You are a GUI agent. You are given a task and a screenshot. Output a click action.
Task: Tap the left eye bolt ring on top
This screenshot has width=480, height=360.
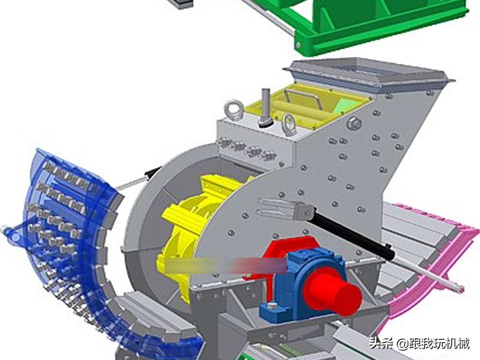tap(233, 110)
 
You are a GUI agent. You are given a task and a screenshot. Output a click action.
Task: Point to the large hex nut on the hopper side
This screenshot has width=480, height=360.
tap(354, 124)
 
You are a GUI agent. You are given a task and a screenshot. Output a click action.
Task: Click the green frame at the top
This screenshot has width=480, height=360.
tap(375, 23)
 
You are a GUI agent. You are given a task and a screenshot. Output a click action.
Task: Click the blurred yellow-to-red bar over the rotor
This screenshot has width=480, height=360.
tap(225, 265)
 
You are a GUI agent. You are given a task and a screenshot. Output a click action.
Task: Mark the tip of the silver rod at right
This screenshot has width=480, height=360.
tap(461, 289)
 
